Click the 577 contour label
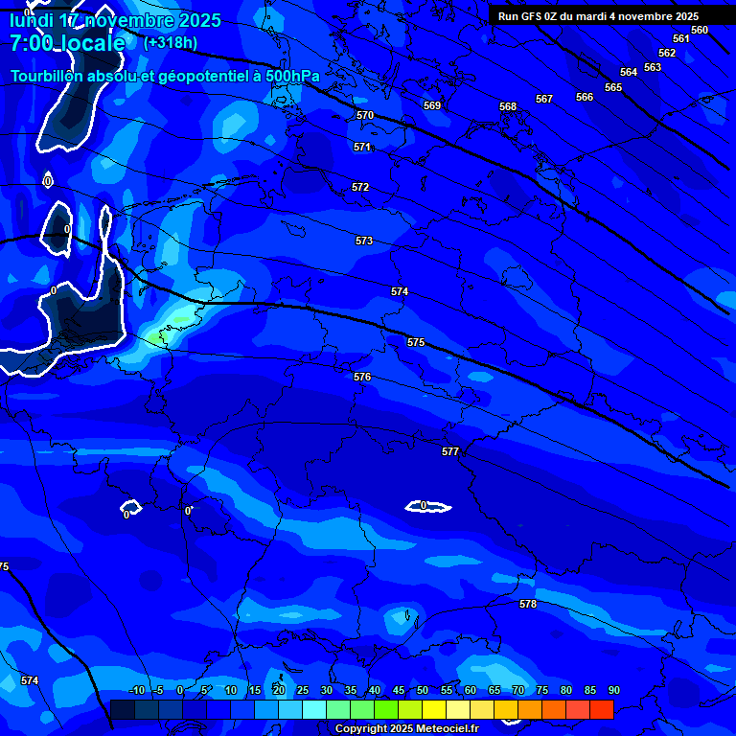click(x=450, y=451)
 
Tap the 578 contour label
click(x=528, y=605)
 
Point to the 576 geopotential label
click(x=361, y=378)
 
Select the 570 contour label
click(x=365, y=115)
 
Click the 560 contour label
click(x=700, y=30)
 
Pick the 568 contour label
click(x=508, y=107)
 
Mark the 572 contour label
click(x=360, y=188)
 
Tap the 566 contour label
click(x=585, y=97)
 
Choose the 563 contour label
click(x=653, y=67)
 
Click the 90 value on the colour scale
click(x=613, y=690)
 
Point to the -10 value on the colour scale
click(x=136, y=690)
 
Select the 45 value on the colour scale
click(x=398, y=690)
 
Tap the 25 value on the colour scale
click(x=302, y=690)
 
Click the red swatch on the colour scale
click(x=602, y=709)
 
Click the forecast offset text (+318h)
click(x=171, y=43)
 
